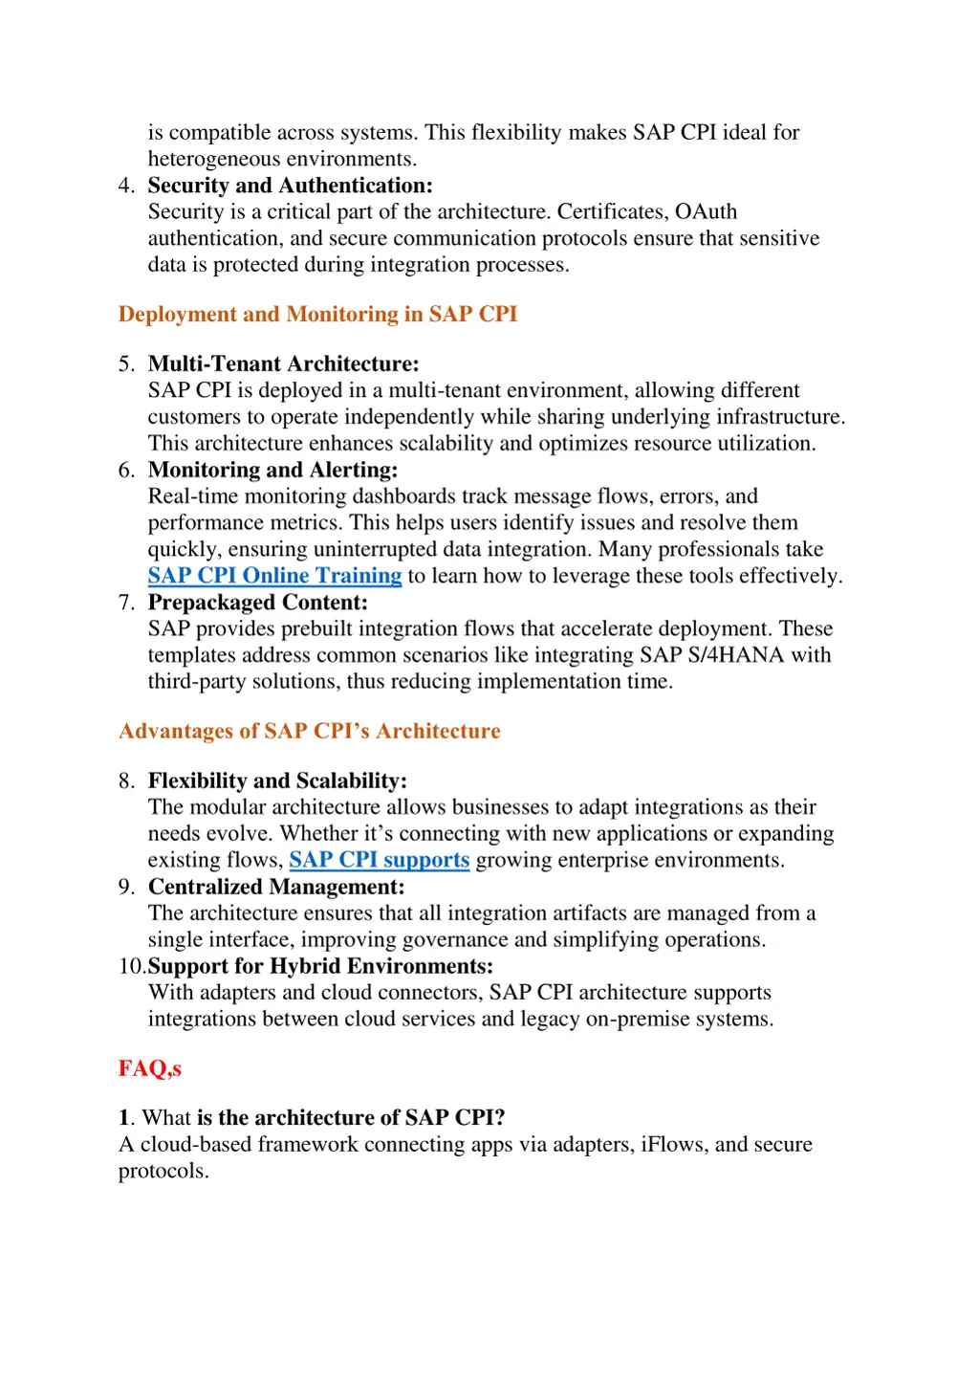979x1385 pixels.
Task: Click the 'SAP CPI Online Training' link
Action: point(274,576)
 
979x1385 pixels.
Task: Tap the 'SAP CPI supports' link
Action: point(379,860)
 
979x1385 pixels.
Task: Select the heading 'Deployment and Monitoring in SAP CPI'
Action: point(317,315)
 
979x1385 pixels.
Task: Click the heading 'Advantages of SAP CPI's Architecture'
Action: point(309,732)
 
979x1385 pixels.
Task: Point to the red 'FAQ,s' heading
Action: point(150,1068)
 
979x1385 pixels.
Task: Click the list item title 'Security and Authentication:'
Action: point(290,186)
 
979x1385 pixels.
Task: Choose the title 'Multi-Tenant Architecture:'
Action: point(283,364)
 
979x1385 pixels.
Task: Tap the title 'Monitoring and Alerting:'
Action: point(272,470)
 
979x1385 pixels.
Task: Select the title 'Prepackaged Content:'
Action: point(257,603)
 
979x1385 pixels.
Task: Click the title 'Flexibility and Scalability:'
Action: point(277,781)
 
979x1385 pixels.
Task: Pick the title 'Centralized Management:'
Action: point(276,887)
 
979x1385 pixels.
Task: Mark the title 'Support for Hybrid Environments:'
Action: point(320,966)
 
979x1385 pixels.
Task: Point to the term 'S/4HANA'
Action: point(735,655)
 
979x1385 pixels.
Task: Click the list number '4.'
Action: point(127,186)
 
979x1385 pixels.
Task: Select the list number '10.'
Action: point(132,966)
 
